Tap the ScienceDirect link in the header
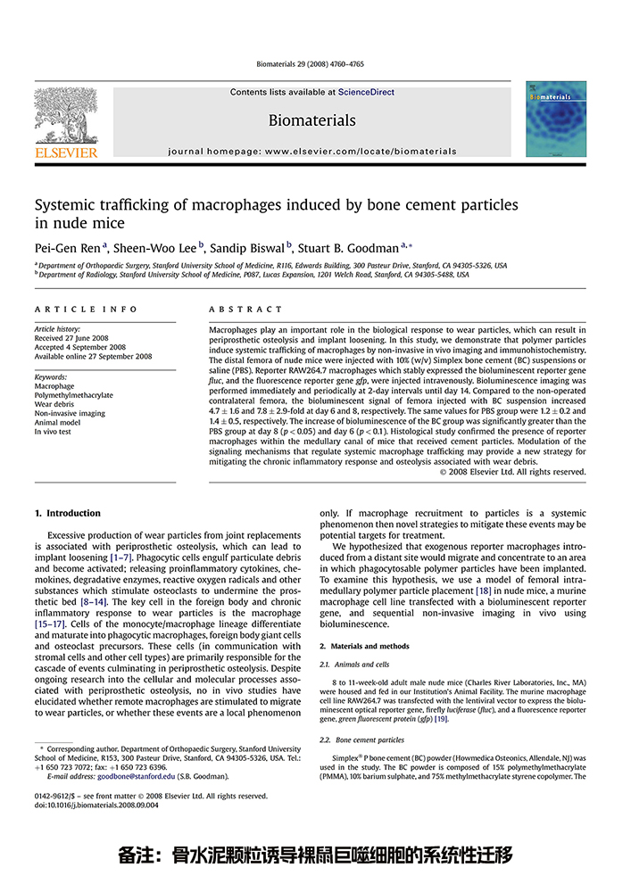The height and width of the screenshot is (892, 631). pyautogui.click(x=366, y=92)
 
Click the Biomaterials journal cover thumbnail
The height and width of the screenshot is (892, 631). pyautogui.click(x=556, y=119)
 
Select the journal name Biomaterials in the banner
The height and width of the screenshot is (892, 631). pyautogui.click(x=311, y=120)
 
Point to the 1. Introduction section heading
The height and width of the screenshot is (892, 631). pyautogui.click(x=67, y=513)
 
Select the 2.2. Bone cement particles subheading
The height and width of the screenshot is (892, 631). pyautogui.click(x=362, y=739)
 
